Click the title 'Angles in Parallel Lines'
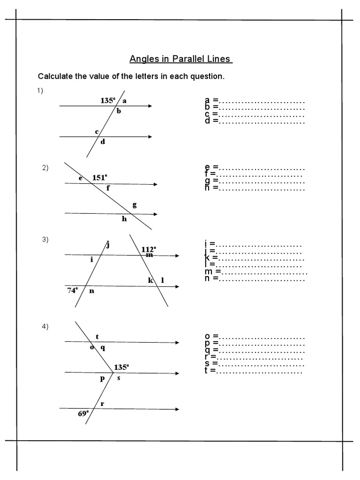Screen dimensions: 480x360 pyautogui.click(x=180, y=59)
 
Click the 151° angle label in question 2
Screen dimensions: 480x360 pyautogui.click(x=99, y=177)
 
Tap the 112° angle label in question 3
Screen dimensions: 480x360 pyautogui.click(x=149, y=249)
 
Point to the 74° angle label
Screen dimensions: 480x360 pyautogui.click(x=72, y=290)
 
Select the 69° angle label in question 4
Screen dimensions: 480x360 pyautogui.click(x=83, y=413)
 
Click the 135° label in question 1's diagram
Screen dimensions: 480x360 pyautogui.click(x=108, y=100)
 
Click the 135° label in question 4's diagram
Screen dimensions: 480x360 pyautogui.click(x=121, y=367)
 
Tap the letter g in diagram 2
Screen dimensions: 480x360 pyautogui.click(x=135, y=205)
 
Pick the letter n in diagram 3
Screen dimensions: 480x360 pyautogui.click(x=92, y=291)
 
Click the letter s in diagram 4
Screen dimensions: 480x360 pyautogui.click(x=119, y=378)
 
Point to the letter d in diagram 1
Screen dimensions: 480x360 pyautogui.click(x=103, y=142)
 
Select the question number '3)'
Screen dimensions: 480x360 pyautogui.click(x=45, y=240)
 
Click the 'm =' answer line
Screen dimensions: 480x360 pyautogui.click(x=256, y=272)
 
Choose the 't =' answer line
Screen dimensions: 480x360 pyautogui.click(x=254, y=370)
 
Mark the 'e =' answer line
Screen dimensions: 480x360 pyautogui.click(x=255, y=167)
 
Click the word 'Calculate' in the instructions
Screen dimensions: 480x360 pyautogui.click(x=55, y=76)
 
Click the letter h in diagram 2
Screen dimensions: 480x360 pyautogui.click(x=124, y=218)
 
